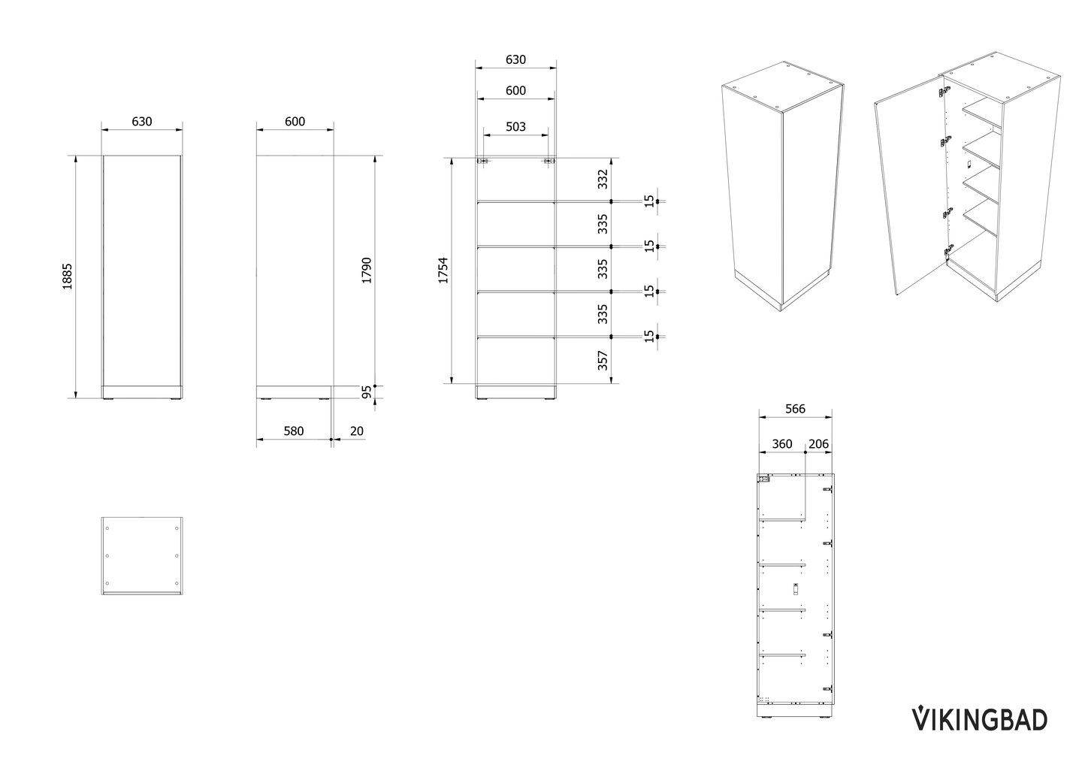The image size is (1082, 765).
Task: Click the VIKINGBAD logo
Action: (979, 718)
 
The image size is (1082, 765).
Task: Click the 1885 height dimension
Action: (68, 277)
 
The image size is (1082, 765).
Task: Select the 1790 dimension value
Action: (367, 271)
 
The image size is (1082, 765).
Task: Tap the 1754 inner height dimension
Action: (443, 271)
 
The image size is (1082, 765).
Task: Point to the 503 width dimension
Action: (515, 126)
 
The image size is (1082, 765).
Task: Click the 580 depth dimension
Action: (293, 431)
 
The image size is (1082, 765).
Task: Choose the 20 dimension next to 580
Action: (356, 431)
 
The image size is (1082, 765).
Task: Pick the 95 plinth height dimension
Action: (367, 392)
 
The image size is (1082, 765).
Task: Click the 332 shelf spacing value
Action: (603, 180)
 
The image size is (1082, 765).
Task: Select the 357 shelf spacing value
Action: (603, 361)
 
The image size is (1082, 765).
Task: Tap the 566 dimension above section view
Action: (795, 409)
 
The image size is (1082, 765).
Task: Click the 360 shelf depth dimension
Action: (782, 444)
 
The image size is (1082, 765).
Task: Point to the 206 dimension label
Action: (818, 444)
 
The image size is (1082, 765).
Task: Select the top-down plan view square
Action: (142, 555)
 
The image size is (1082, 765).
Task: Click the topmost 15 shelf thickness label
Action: (648, 201)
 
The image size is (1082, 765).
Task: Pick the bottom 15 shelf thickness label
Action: (648, 336)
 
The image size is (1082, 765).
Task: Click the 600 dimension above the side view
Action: (295, 122)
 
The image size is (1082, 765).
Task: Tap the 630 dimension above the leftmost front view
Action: (142, 122)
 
